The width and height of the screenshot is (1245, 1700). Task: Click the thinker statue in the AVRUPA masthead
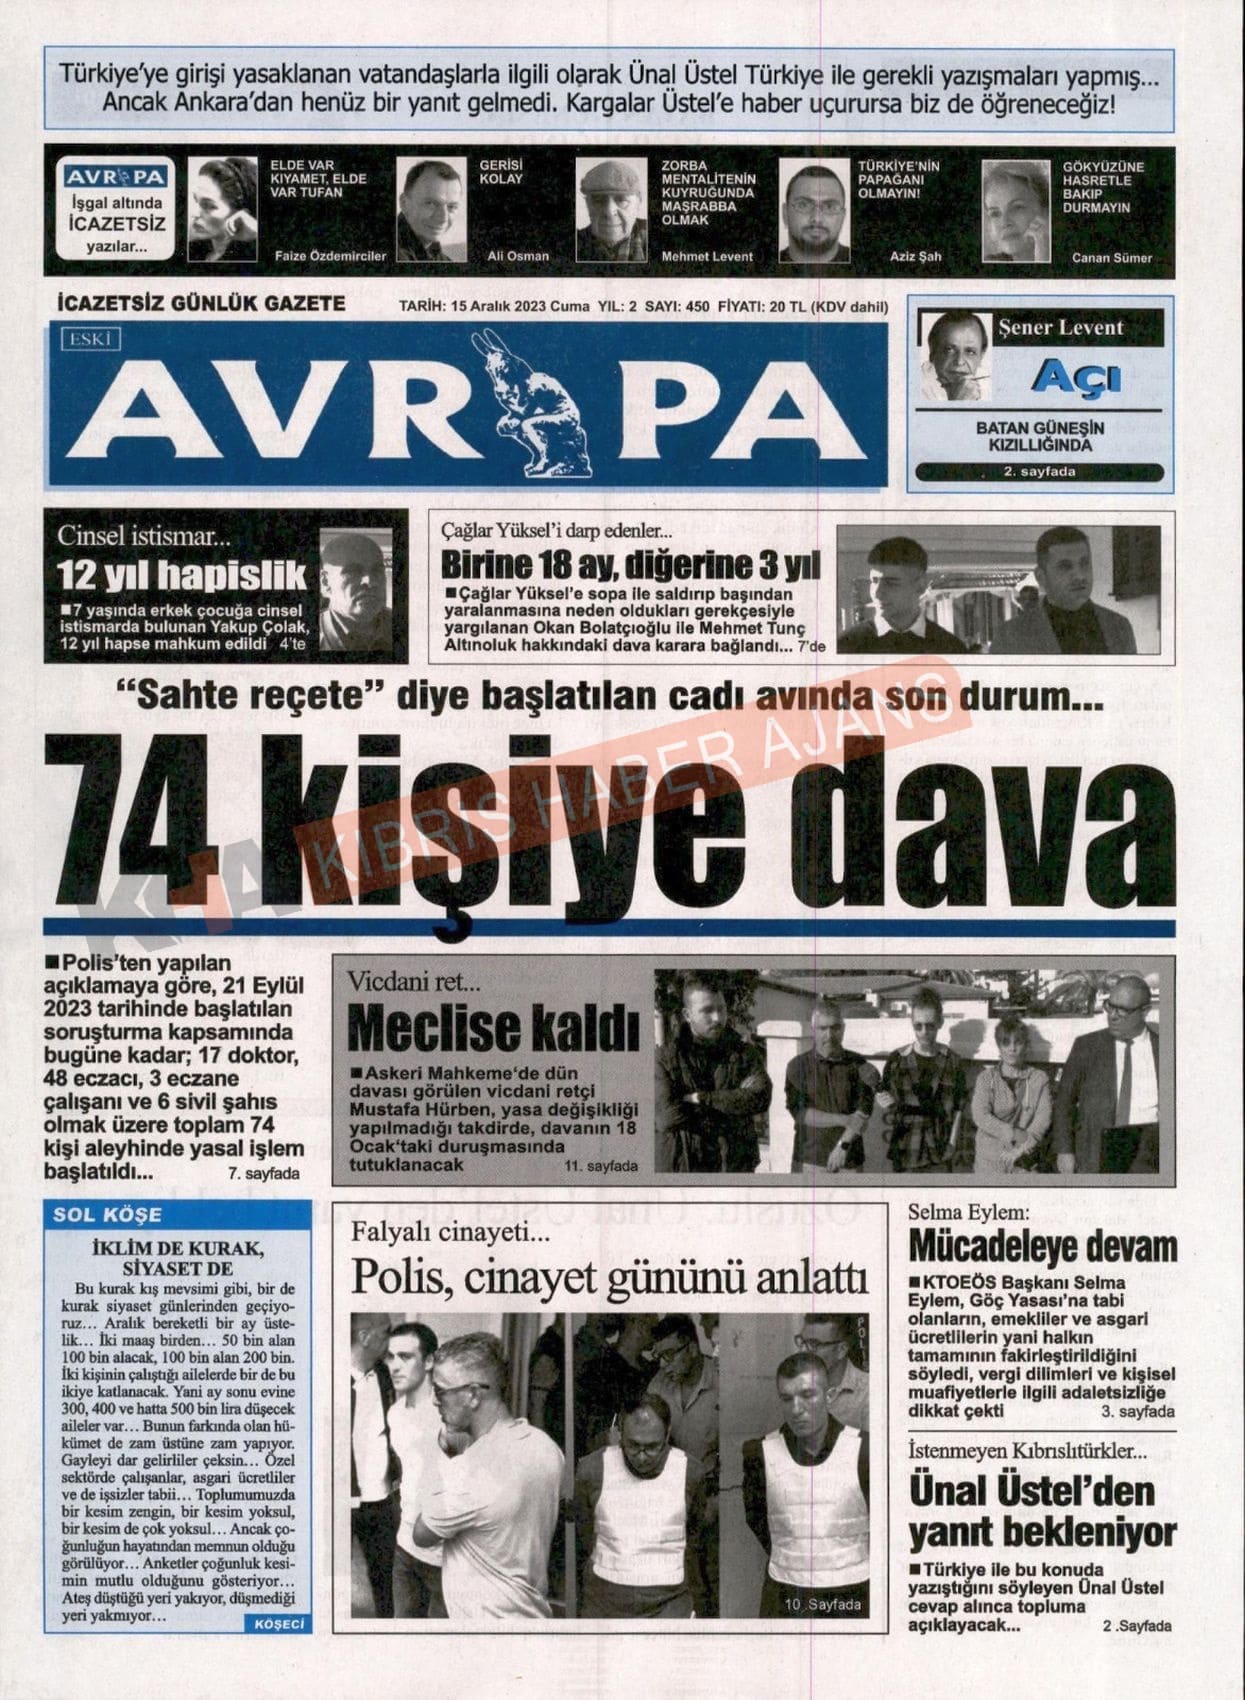tap(549, 410)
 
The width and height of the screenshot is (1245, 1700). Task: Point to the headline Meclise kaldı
tap(493, 1027)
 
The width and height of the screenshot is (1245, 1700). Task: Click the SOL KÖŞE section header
tap(108, 1215)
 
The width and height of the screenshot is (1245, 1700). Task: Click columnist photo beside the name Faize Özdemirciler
tap(222, 210)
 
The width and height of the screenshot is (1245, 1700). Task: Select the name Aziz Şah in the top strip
tap(915, 257)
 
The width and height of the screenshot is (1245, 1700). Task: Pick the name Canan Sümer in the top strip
tap(1111, 258)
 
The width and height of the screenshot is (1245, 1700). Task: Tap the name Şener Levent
tap(1061, 328)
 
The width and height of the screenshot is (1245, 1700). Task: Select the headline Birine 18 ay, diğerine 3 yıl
tap(630, 565)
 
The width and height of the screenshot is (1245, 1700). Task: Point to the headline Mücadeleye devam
tap(1042, 1247)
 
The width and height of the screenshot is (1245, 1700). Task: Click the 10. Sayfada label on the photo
tap(822, 1604)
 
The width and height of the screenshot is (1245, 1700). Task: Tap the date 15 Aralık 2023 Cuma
tap(520, 307)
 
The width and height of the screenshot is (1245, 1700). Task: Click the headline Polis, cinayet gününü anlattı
tap(609, 1279)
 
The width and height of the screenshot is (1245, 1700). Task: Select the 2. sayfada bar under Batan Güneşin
tap(1040, 472)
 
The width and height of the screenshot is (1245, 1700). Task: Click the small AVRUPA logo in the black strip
tap(115, 177)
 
